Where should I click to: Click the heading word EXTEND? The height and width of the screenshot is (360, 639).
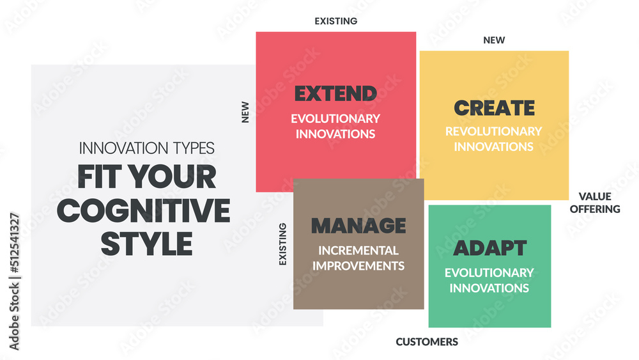(x=335, y=93)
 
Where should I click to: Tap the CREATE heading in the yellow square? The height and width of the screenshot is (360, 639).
(x=494, y=107)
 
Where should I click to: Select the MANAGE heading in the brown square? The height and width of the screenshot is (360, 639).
(x=358, y=226)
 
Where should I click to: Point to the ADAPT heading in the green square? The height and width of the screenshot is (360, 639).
(x=490, y=248)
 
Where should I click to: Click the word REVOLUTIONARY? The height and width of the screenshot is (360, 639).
(x=493, y=131)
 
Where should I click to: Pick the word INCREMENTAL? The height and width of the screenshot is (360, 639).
(x=358, y=250)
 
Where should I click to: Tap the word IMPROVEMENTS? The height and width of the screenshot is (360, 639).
(x=358, y=266)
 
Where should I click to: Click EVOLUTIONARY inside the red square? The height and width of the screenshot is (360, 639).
(x=335, y=119)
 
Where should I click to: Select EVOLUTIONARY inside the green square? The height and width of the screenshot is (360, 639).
(x=489, y=273)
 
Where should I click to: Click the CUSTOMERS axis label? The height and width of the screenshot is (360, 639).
(x=427, y=341)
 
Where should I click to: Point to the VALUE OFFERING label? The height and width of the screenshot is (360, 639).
(x=595, y=203)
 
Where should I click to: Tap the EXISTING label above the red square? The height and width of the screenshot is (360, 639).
(x=336, y=21)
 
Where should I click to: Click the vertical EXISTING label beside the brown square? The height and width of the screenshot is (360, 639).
(x=282, y=244)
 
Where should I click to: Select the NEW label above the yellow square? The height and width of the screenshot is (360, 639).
(x=494, y=40)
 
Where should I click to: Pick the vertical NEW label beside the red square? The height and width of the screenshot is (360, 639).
(x=245, y=112)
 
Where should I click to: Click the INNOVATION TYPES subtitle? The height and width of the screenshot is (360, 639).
(x=147, y=148)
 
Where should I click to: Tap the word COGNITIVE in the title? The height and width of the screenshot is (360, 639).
(x=143, y=210)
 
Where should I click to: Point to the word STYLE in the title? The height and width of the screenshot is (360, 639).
(x=147, y=244)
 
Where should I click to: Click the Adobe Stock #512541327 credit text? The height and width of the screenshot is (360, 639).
(x=14, y=281)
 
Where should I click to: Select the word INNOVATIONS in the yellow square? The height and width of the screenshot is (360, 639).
(x=493, y=147)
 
